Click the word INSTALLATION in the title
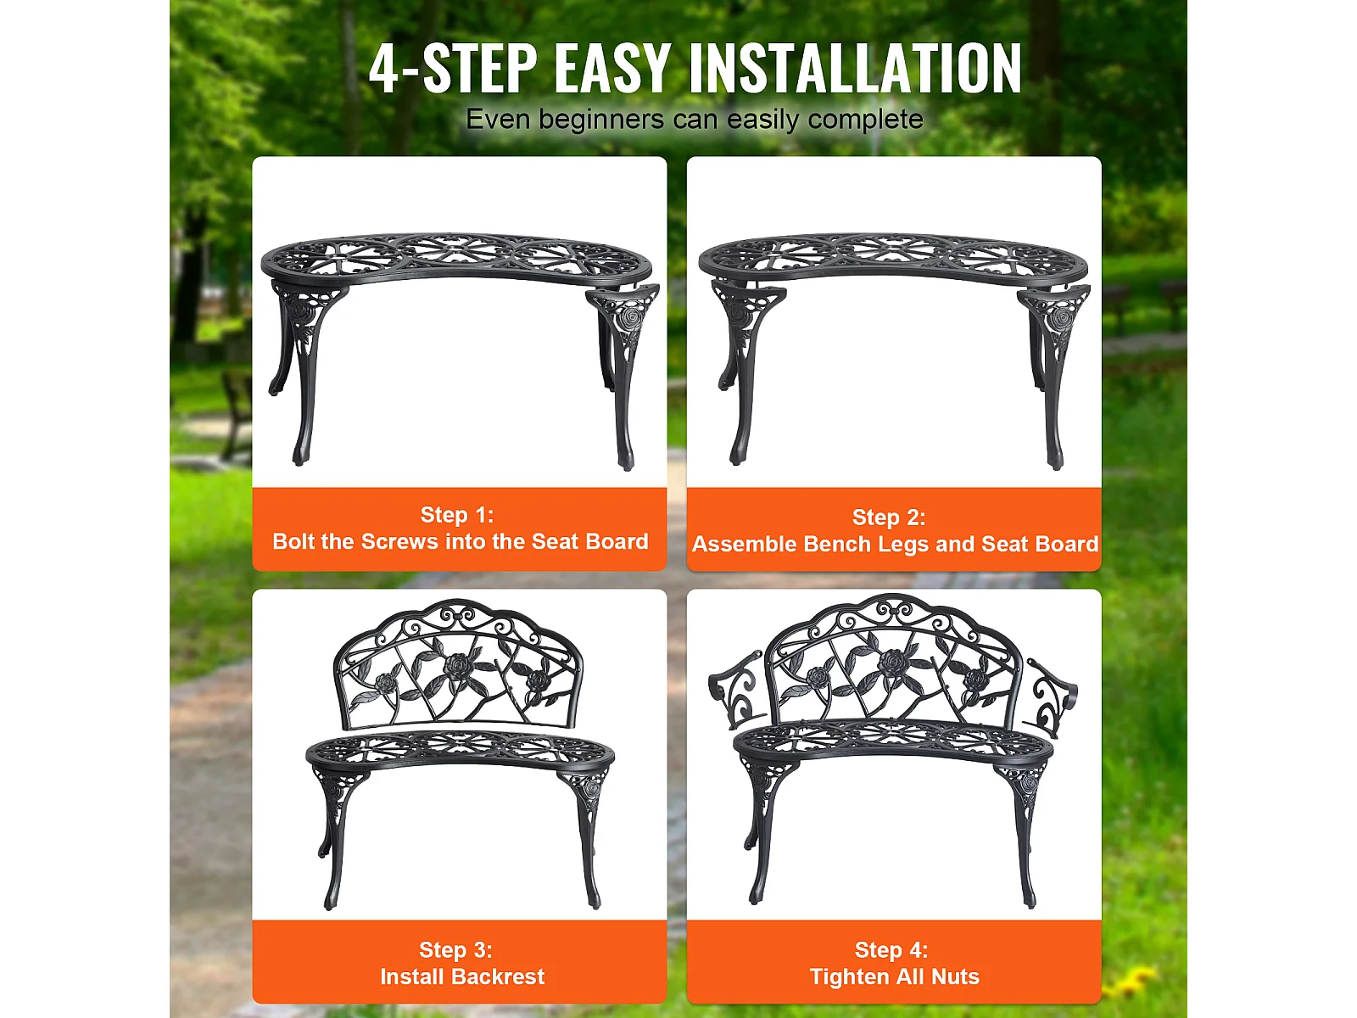click(855, 69)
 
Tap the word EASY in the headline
click(613, 69)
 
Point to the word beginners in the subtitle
click(601, 120)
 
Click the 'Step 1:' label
click(457, 515)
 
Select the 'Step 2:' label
click(889, 517)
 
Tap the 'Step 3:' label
click(455, 950)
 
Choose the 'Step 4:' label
click(891, 950)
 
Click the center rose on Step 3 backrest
click(458, 665)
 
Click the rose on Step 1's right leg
click(630, 317)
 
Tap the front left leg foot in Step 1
click(300, 456)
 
